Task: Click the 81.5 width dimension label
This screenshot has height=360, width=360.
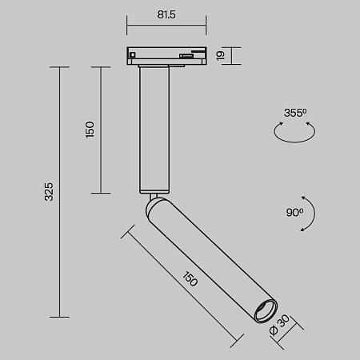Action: [166, 14]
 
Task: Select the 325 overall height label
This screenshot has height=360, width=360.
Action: [48, 191]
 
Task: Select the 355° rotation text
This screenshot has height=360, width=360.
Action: [294, 113]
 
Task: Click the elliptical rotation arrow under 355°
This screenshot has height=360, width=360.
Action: [294, 133]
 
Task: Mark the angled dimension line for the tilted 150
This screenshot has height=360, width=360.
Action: [180, 288]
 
